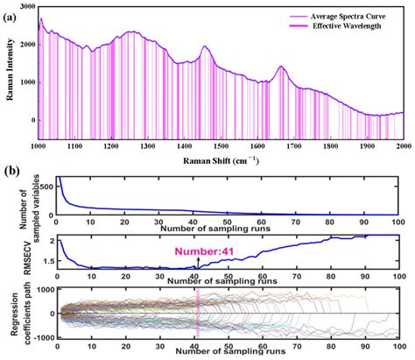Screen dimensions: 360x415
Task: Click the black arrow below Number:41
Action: pos(198,260)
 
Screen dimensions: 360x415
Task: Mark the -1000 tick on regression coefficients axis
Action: pos(42,336)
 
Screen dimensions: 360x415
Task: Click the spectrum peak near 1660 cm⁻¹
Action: pos(281,67)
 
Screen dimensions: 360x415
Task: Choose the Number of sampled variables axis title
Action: pos(30,194)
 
